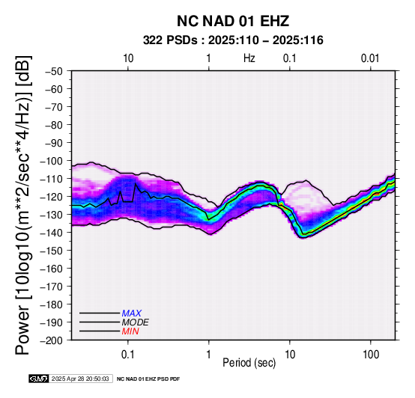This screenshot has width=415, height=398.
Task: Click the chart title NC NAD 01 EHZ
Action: coord(233,21)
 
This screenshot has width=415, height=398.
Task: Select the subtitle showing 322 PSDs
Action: coord(233,40)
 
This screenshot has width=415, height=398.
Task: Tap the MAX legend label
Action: coord(131,313)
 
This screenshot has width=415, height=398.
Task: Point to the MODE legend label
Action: coord(136,322)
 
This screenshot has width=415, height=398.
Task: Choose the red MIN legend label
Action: coord(130,331)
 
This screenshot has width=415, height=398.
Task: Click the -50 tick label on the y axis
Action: coord(54,71)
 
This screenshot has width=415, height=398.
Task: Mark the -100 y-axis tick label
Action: coord(52,161)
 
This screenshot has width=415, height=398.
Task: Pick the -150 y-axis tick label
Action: coord(52,251)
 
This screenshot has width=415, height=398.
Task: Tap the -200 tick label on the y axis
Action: coord(52,340)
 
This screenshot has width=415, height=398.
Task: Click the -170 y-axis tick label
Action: coord(52,287)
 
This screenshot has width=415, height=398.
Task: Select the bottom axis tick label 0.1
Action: coord(127,355)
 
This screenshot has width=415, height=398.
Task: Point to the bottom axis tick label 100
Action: coord(371,355)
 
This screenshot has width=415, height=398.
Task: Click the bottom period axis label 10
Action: coord(290,355)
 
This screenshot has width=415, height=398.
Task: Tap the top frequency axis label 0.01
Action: coord(370,58)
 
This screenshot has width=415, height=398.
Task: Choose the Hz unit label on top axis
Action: coord(249,58)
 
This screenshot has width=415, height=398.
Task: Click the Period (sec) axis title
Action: coord(249,363)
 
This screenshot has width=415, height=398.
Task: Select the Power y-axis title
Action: coord(22,205)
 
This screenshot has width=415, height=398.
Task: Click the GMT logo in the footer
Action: coord(39,379)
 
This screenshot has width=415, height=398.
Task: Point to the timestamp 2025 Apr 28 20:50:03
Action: coord(80,379)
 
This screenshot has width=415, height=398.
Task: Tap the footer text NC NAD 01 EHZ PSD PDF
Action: coord(148,379)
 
